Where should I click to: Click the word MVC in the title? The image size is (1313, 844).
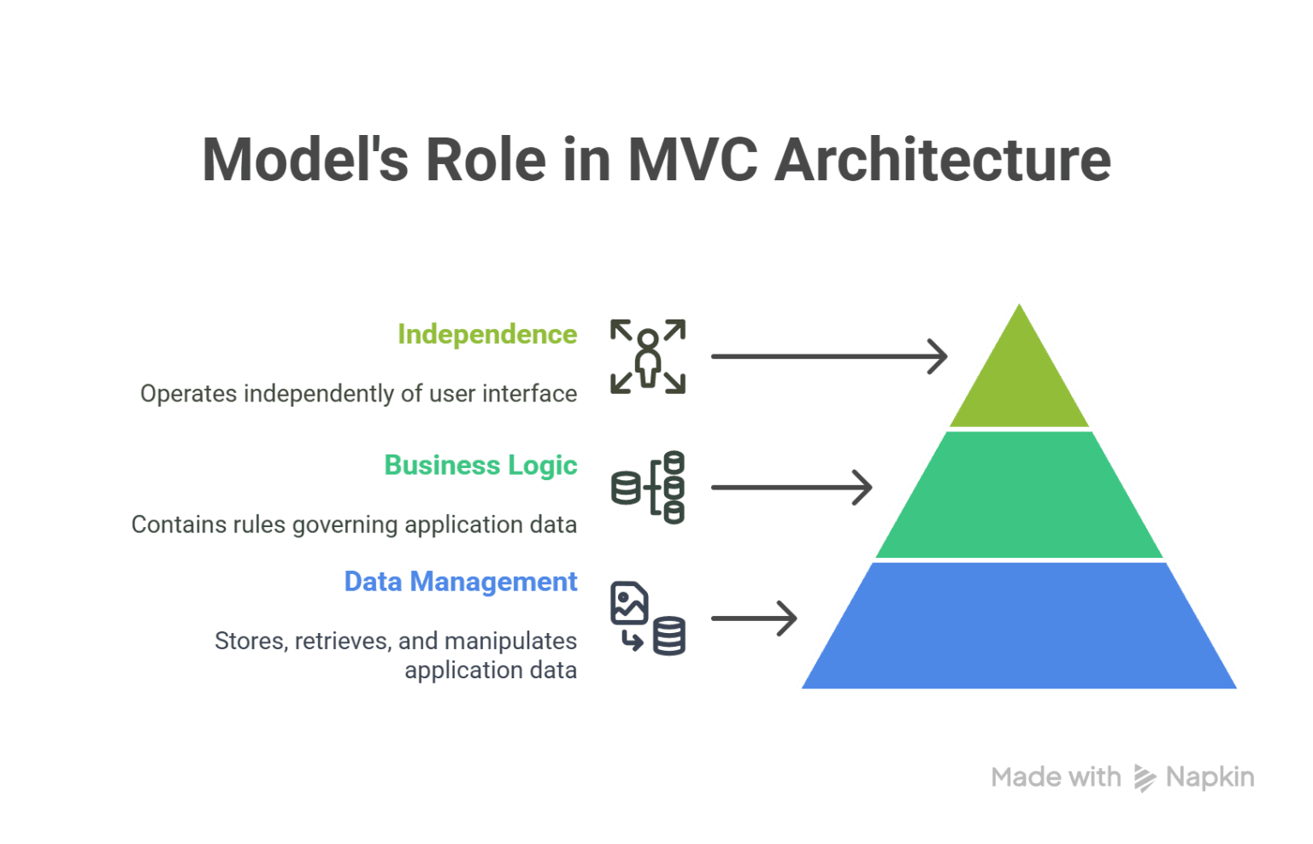coord(692,160)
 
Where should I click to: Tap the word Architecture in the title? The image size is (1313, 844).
coord(942,160)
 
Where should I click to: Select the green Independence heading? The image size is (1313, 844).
coord(487,334)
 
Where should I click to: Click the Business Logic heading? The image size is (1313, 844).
coord(480,466)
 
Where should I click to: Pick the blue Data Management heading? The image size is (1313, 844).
coord(461,582)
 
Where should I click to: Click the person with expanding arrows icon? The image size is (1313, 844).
coord(648,356)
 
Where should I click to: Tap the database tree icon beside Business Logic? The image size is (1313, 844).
coord(648,488)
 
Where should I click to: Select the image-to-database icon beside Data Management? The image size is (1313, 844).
coord(648,618)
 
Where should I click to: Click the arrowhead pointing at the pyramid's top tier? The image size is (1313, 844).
coord(939,356)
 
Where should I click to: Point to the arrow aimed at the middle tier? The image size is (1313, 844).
coord(791,488)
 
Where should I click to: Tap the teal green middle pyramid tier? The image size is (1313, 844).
coord(1019,495)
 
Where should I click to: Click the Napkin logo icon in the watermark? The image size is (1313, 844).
coord(1144,777)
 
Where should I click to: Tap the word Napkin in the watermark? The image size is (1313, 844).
coord(1210,777)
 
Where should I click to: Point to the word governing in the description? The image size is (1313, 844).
coord(345,525)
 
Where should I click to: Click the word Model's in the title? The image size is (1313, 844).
coord(305,160)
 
